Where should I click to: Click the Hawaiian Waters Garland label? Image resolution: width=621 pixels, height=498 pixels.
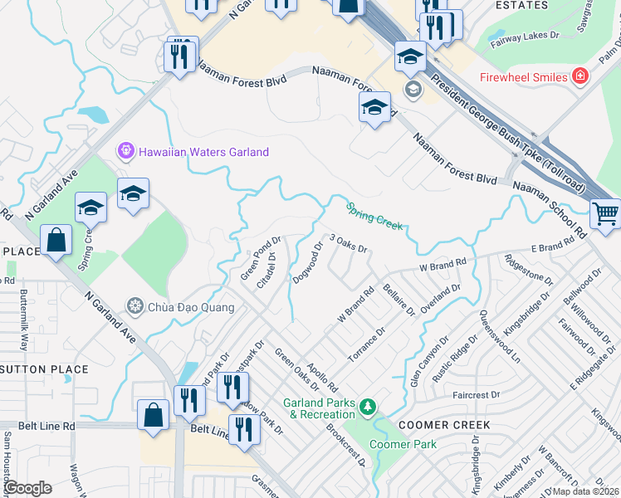coord(203,152)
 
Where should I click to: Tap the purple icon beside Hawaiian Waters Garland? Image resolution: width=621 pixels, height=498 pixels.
coord(125,152)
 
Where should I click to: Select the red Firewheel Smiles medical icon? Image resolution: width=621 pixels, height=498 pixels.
coord(579,77)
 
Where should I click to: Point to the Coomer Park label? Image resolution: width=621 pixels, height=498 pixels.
coord(403,444)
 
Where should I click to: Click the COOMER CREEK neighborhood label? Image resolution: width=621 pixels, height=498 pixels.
coord(443,424)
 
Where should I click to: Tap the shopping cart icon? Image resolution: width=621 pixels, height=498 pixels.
coord(606,213)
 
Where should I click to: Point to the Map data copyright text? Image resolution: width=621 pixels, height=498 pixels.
coord(585,491)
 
